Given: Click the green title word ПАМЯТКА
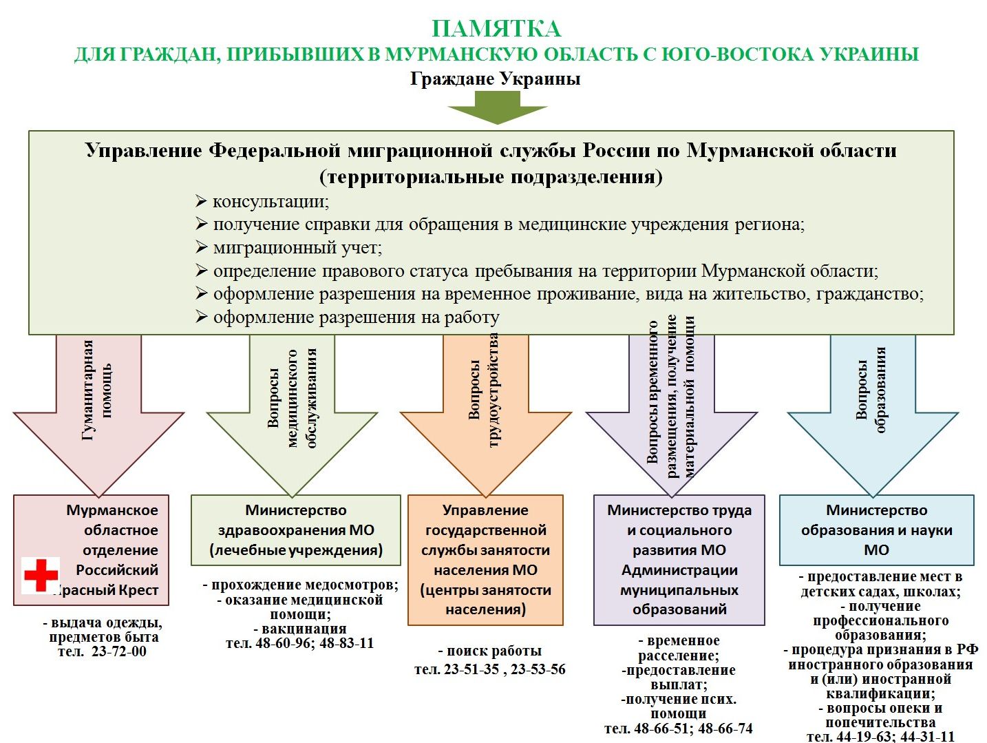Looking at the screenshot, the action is [x=496, y=29].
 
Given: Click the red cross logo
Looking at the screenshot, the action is [x=41, y=575].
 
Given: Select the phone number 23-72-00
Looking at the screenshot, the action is [x=118, y=651].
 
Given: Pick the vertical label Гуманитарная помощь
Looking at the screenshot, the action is [x=96, y=390].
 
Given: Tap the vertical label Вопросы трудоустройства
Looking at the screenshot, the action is [x=484, y=390].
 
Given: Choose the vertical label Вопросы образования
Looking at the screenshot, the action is [x=871, y=390].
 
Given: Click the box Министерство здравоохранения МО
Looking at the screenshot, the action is [x=296, y=530].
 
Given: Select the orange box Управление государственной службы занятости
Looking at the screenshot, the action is [x=486, y=560].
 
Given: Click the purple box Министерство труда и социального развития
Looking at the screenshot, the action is [x=679, y=560].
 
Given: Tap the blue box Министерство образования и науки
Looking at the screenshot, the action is [x=876, y=530].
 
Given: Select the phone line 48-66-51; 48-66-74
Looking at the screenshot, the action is [x=679, y=728].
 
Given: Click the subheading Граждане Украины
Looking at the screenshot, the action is [x=495, y=79].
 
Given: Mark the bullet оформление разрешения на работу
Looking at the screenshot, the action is [x=348, y=317].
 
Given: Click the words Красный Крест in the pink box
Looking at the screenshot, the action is [x=106, y=589].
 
